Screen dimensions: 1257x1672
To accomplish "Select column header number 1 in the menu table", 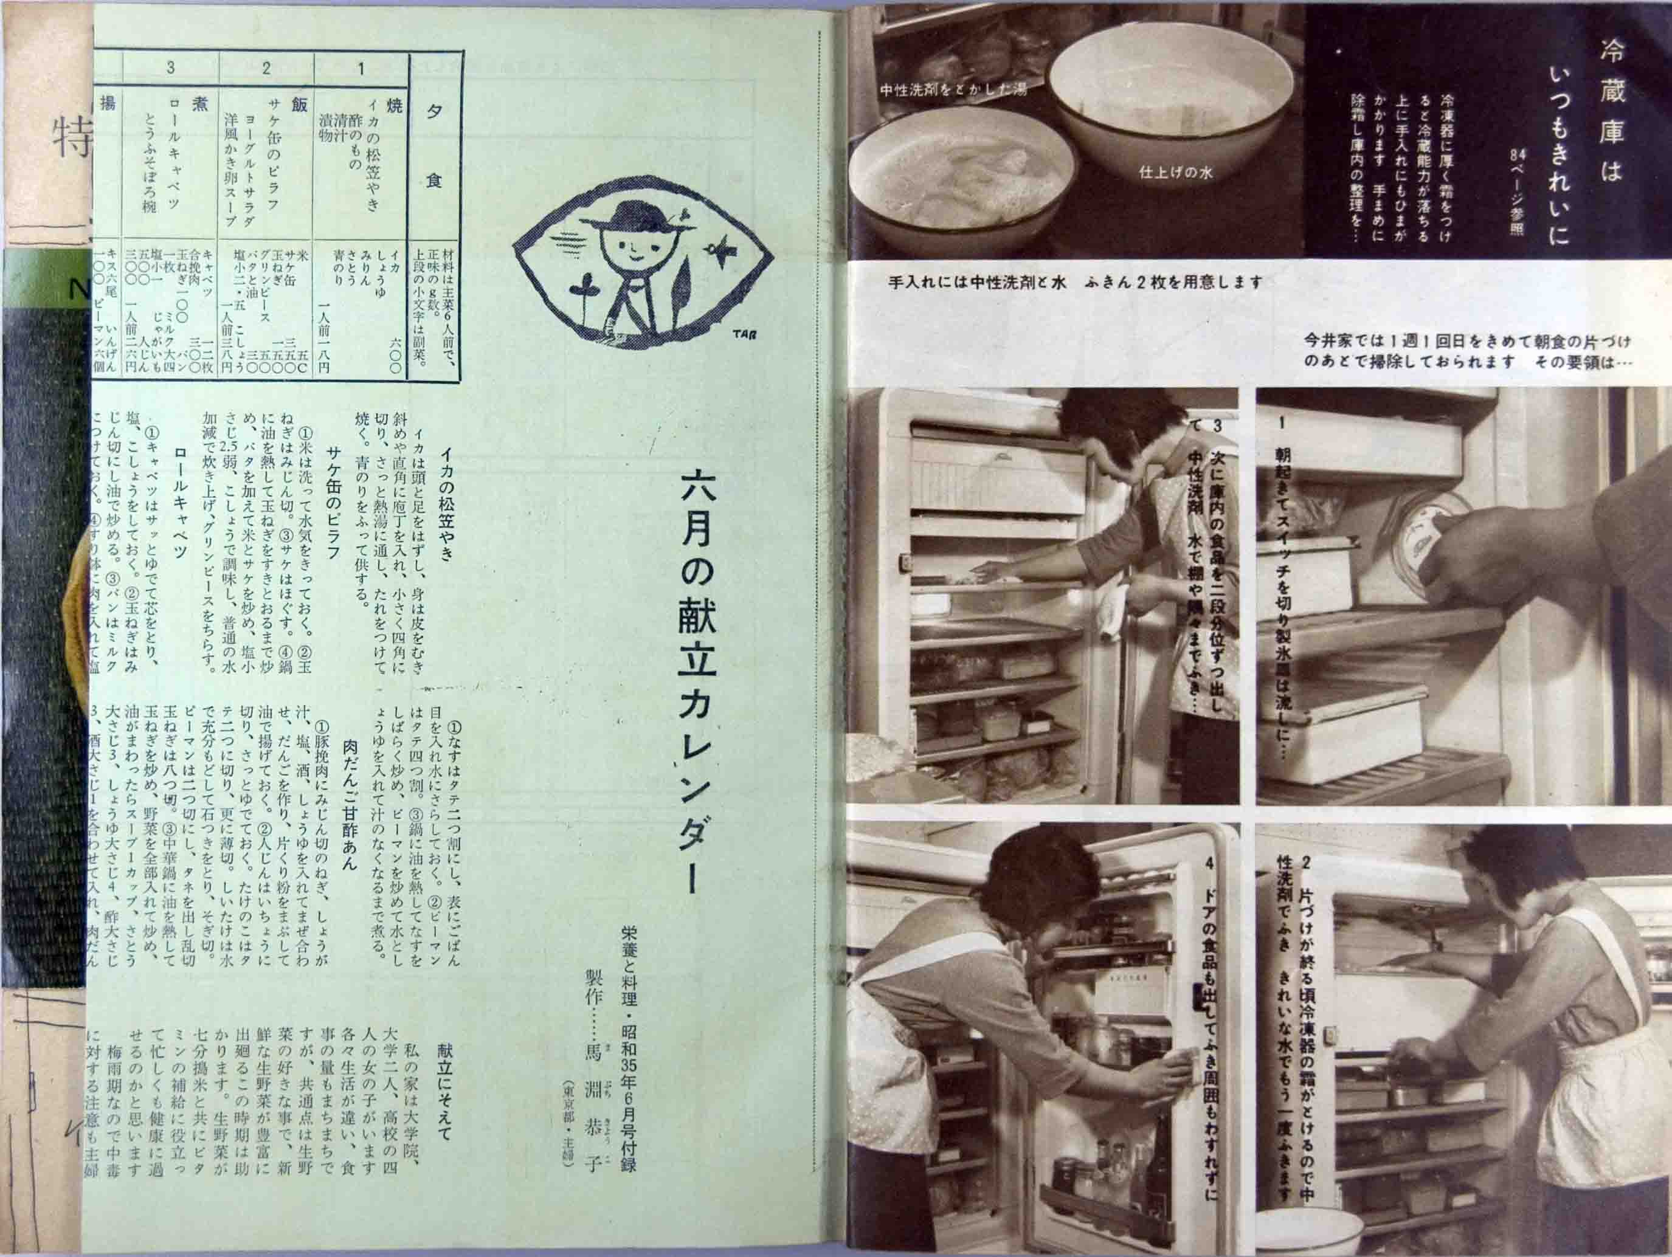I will pos(361,69).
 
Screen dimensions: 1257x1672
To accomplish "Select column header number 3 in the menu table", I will pos(171,69).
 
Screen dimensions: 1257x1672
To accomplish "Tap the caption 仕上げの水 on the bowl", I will pos(1175,173).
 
